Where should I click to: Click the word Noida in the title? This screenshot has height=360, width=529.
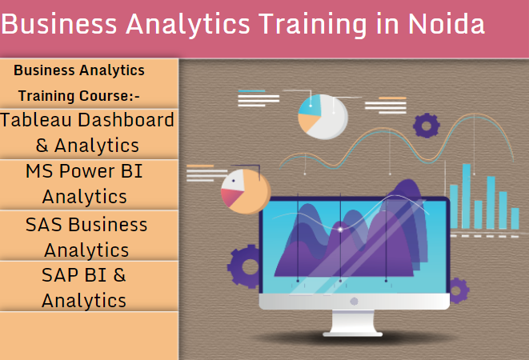click(447, 24)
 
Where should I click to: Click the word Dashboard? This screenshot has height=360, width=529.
click(126, 120)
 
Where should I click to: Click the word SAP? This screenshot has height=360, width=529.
click(60, 275)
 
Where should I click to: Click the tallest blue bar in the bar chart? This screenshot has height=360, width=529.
click(467, 196)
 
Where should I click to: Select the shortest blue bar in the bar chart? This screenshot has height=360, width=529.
click(515, 218)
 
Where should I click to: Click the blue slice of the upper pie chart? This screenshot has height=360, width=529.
click(311, 106)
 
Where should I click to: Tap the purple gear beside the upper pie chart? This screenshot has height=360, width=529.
click(427, 126)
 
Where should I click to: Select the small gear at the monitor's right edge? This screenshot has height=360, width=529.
click(458, 290)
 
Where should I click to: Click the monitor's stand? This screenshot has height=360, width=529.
click(353, 323)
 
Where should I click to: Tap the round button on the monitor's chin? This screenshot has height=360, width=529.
click(354, 302)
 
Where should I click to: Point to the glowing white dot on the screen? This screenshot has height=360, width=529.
click(340, 230)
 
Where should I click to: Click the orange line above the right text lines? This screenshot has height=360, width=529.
click(392, 98)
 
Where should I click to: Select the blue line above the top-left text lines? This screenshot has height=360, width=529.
click(251, 90)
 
